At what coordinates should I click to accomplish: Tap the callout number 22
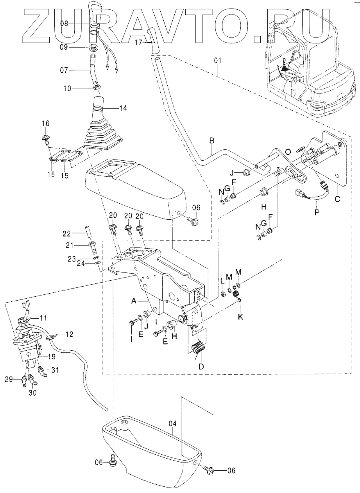(x=67, y=233)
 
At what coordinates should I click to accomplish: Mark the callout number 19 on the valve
(x=52, y=357)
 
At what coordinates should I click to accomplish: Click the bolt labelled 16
(x=45, y=138)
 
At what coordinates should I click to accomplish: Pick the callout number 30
(x=33, y=393)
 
